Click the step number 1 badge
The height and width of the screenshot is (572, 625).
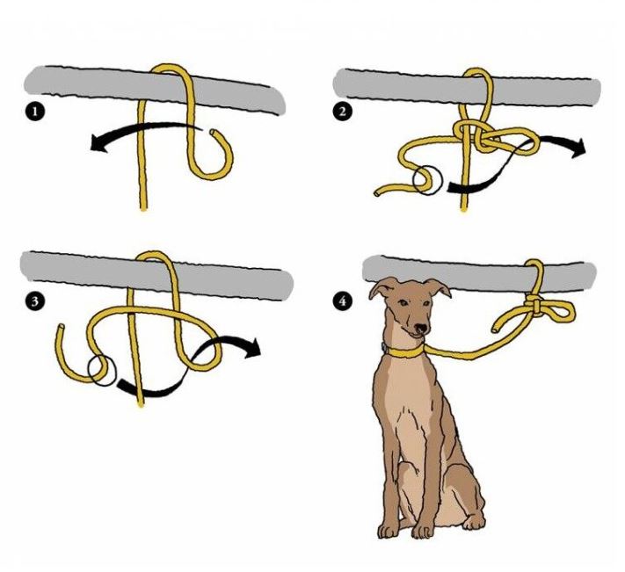34,111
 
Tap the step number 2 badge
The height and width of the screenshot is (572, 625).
343,111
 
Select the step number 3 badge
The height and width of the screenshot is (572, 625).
34,301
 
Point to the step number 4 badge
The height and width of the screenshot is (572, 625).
342,301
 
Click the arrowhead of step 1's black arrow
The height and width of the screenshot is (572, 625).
98,143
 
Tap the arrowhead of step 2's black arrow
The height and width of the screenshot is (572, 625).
578,148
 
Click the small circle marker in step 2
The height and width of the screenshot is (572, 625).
428,180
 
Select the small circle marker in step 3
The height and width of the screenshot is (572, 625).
103,371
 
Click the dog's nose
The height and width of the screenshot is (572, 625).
420,329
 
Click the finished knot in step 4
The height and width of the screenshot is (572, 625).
535,307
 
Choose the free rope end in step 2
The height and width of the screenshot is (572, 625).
377,193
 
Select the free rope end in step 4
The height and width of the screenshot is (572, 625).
496,329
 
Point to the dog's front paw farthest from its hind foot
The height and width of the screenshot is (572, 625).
389,531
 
